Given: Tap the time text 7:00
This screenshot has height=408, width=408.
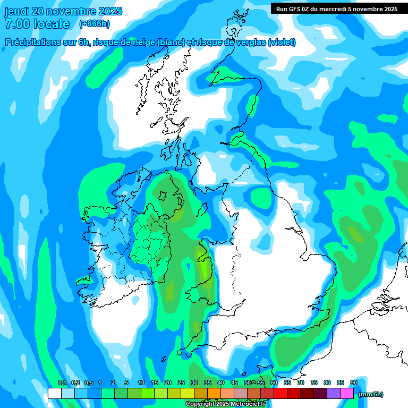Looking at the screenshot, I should [16, 24].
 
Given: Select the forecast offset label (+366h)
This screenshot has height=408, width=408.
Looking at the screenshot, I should [95, 24].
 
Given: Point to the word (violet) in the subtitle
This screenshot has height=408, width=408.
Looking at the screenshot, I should [282, 42].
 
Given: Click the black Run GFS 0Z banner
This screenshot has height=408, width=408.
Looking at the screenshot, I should [337, 8].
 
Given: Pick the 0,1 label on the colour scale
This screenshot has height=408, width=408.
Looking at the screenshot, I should [62, 383].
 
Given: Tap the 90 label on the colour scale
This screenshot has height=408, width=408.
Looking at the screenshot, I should [353, 383].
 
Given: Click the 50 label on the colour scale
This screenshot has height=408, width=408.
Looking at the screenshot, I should [248, 383].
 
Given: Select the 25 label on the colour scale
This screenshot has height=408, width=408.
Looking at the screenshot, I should [181, 383].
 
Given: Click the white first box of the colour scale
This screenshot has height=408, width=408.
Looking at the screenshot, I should [54, 394].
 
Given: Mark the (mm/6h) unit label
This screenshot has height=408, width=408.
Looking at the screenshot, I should [371, 394].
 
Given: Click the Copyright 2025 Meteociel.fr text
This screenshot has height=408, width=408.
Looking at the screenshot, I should [225, 404].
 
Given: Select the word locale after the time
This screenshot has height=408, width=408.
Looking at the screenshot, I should [52, 24].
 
